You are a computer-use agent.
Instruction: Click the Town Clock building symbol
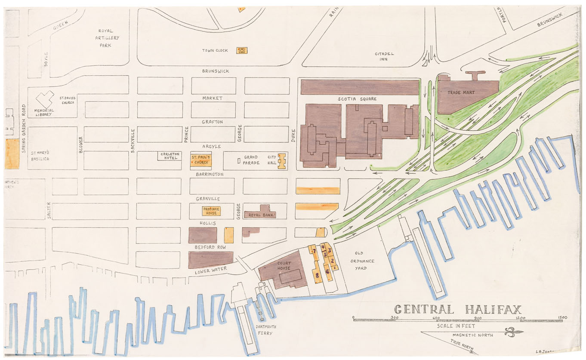click(x=241, y=50)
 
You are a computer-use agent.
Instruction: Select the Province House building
click(x=211, y=211)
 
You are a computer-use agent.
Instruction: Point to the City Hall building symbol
click(x=282, y=161)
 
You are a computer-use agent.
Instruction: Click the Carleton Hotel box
click(x=170, y=156)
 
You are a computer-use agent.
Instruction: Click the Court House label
click(x=284, y=266)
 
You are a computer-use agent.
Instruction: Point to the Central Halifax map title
click(x=458, y=309)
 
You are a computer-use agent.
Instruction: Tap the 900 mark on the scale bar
click(x=477, y=318)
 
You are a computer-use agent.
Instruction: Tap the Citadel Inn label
click(x=381, y=56)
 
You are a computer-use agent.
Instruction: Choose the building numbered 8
click(x=318, y=274)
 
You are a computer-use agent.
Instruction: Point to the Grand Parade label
click(x=251, y=160)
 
